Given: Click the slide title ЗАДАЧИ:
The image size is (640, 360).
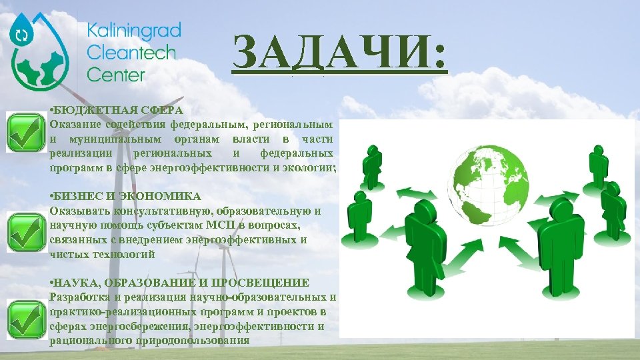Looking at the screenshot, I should (x=339, y=54).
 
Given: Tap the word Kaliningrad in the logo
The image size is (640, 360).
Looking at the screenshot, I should (x=133, y=31).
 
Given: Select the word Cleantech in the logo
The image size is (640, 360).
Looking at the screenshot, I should (x=131, y=53).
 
